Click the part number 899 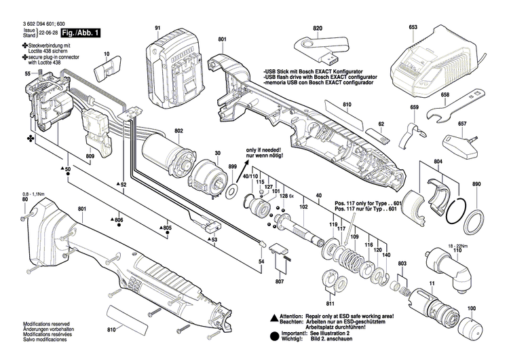pyautogui.click(x=232, y=166)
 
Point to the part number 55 pyautogui.click(x=27, y=73)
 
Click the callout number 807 pyautogui.click(x=280, y=281)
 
